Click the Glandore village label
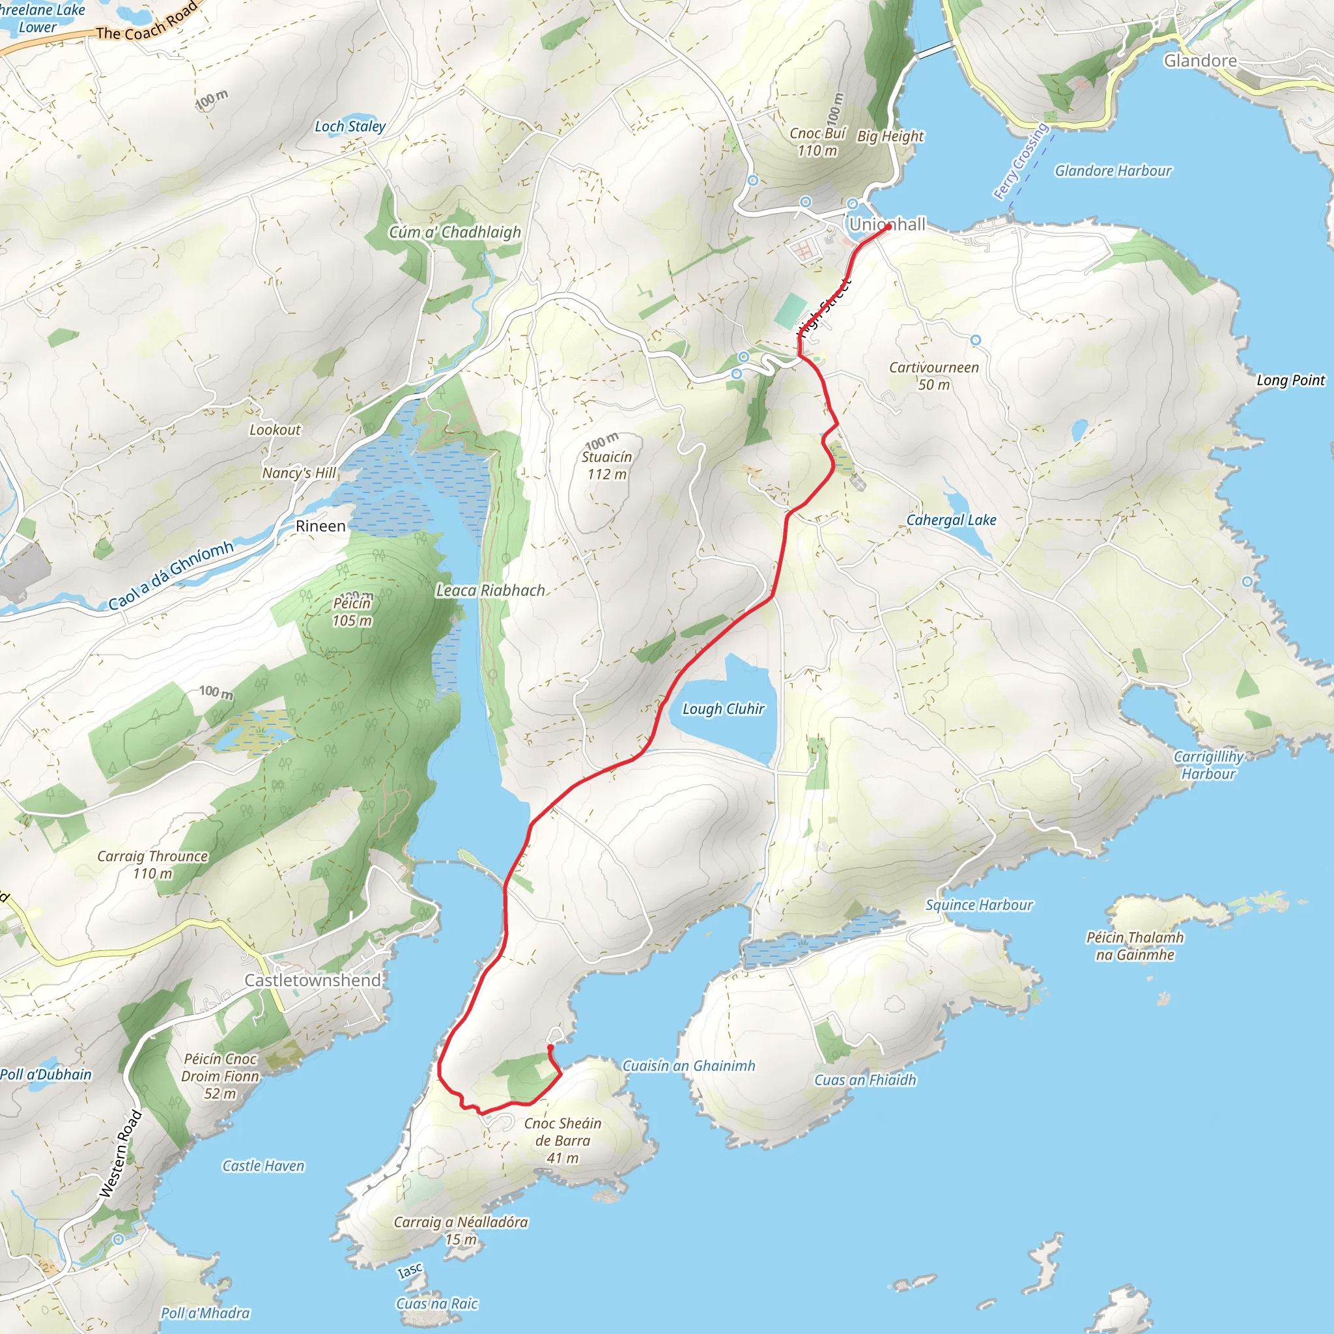point(1200,61)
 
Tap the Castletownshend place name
point(313,980)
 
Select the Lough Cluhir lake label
point(723,709)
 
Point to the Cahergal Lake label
point(951,520)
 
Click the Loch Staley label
point(349,126)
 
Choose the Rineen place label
point(320,526)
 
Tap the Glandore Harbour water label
point(1113,171)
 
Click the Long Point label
point(1290,380)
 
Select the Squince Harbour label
point(978,905)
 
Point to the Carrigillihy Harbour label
point(1208,765)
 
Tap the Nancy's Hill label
point(299,473)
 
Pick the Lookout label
point(275,429)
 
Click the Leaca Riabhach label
point(490,590)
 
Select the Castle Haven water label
point(263,1165)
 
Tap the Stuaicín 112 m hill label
point(606,464)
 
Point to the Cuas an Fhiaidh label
point(864,1080)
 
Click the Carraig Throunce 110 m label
point(152,864)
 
